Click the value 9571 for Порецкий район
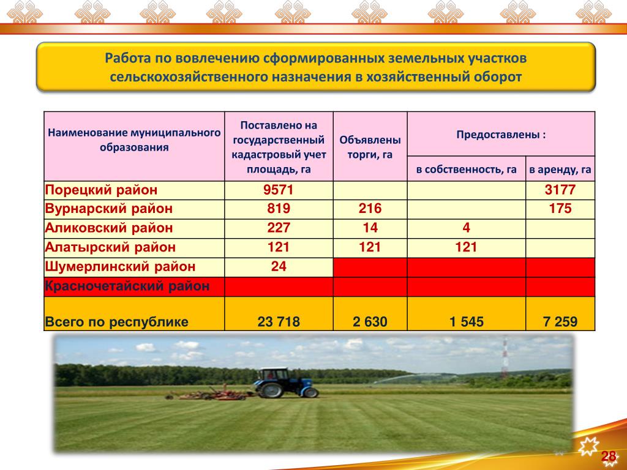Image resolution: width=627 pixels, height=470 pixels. (279, 190)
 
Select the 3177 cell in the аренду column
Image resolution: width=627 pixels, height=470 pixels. (560, 190)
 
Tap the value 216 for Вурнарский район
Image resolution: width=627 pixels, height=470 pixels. (370, 209)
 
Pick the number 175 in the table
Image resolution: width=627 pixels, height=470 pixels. (560, 209)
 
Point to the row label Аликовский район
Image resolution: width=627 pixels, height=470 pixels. (109, 228)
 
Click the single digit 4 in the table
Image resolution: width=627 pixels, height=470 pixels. (466, 228)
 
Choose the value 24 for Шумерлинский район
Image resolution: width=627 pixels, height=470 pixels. (279, 267)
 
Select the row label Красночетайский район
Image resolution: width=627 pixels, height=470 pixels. (127, 286)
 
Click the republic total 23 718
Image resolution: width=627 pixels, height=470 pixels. (279, 322)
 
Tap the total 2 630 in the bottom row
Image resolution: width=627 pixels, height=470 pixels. (370, 322)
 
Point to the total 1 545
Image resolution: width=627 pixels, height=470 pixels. (466, 322)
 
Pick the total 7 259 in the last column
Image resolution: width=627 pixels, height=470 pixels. (560, 322)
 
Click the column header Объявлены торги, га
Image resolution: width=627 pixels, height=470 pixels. (370, 147)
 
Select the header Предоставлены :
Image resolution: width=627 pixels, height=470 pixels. (501, 135)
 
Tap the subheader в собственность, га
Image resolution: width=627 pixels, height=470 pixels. (466, 170)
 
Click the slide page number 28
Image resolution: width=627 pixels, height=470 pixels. (609, 456)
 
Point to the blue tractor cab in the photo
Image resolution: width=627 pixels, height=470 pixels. (272, 376)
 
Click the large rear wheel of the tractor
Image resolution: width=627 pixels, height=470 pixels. (271, 389)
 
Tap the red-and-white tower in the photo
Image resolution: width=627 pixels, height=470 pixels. (505, 357)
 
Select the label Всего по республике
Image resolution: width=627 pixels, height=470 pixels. (116, 322)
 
